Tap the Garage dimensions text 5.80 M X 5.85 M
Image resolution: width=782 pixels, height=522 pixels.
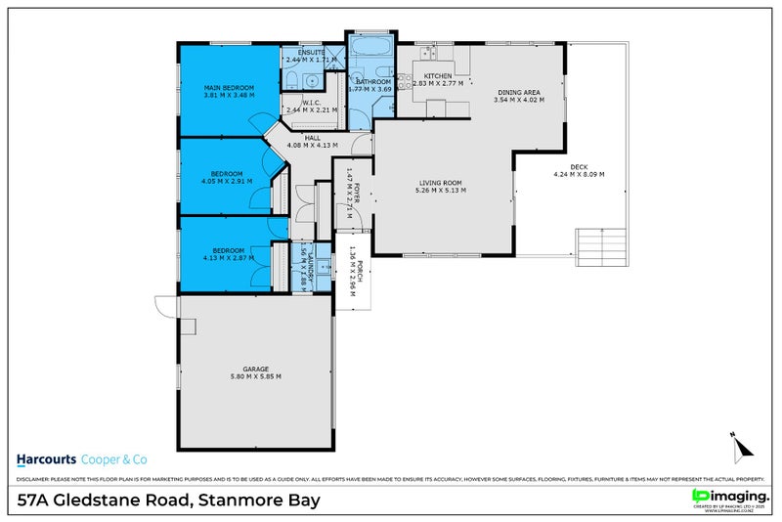255,376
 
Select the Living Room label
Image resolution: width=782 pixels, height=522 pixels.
441,182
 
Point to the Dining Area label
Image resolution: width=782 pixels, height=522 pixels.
517,91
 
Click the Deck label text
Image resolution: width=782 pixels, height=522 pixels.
578,166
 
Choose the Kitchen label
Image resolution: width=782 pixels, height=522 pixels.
437,75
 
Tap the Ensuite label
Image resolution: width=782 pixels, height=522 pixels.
298,53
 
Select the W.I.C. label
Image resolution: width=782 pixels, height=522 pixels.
312,102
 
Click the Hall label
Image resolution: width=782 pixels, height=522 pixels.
312,138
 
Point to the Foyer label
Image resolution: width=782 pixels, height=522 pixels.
358,192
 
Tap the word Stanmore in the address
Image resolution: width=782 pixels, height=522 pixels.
236,500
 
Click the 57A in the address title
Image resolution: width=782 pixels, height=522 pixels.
37,500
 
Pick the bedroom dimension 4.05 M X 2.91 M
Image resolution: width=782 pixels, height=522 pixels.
226,181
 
